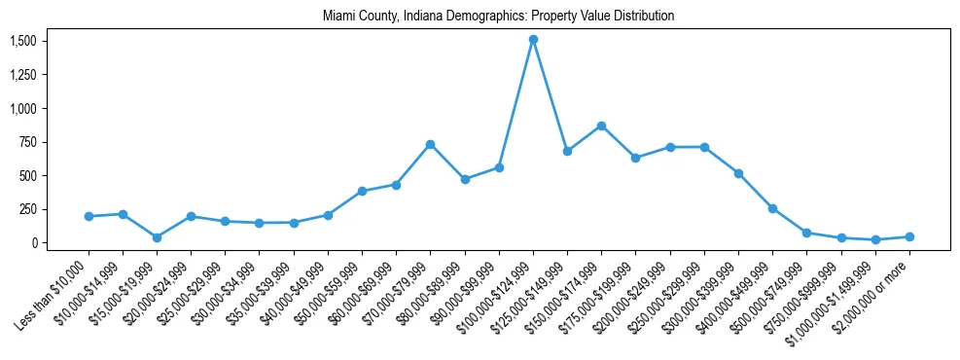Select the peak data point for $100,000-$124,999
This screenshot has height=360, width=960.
click(533, 40)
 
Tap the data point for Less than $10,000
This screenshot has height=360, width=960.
click(89, 216)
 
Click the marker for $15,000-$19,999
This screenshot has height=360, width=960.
click(157, 237)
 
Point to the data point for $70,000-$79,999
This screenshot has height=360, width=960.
click(430, 144)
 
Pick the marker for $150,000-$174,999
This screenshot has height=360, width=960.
click(601, 126)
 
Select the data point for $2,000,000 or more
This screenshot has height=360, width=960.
click(909, 236)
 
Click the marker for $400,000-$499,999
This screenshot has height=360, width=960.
click(772, 208)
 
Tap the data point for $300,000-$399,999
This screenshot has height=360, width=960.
click(738, 173)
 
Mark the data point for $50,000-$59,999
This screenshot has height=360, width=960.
click(362, 191)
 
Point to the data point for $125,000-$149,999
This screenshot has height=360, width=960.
click(567, 151)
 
